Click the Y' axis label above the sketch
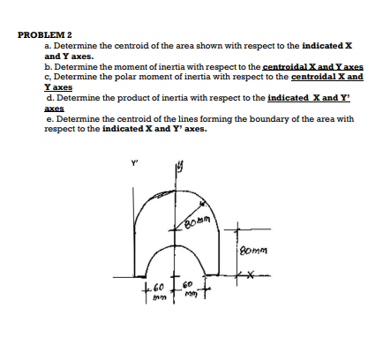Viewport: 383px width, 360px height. click(134, 161)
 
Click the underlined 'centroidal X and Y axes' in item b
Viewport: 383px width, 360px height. click(314, 66)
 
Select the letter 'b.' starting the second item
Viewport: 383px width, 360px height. click(48, 66)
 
